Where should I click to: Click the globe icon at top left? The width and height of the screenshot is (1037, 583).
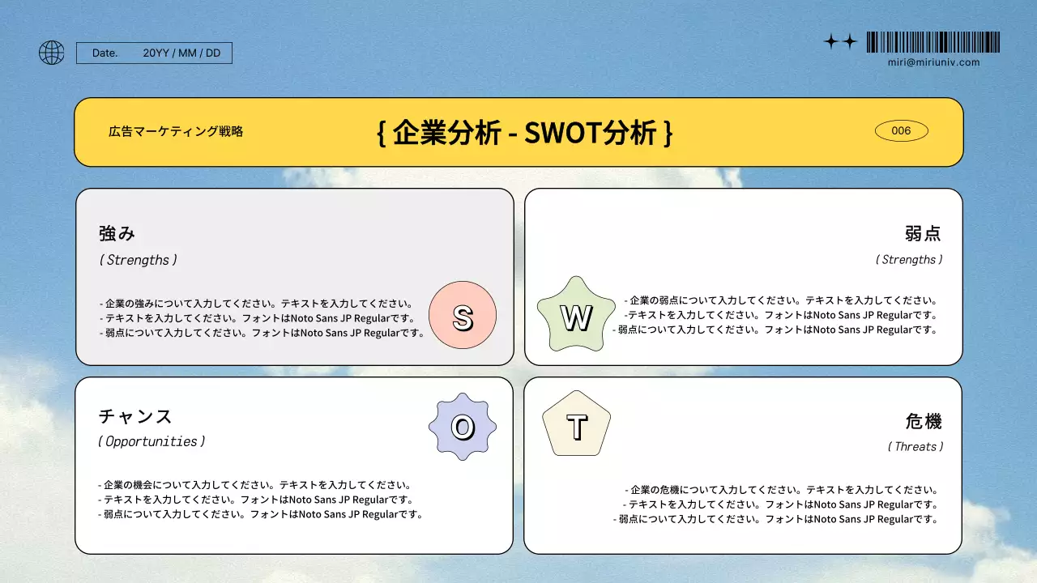point(52,53)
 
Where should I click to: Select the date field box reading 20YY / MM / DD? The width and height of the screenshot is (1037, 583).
point(154,53)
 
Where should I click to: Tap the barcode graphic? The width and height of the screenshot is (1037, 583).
point(932,42)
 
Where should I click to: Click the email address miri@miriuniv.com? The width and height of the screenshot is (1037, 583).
point(933,62)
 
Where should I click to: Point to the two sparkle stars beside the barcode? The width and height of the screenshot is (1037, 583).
point(840,42)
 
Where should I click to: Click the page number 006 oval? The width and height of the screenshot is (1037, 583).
point(901,131)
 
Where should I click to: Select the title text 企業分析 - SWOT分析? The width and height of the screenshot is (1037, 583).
point(525,132)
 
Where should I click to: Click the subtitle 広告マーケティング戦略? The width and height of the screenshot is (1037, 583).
point(176,131)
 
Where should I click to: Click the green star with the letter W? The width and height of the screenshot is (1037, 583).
point(576,317)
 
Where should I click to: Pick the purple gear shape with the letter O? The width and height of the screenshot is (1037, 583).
point(462,427)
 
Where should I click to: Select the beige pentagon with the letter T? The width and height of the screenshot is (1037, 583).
point(576,427)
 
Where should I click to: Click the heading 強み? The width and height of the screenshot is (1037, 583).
point(117,233)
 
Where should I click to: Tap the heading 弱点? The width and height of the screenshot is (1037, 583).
point(923,233)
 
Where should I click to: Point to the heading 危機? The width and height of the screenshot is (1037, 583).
point(924,421)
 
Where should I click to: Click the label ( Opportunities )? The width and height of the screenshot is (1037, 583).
point(151,441)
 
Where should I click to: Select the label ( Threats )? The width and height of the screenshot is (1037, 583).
point(915,446)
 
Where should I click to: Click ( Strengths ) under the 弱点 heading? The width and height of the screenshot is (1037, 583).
point(909,260)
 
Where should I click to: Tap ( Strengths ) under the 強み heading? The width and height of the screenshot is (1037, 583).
point(138,260)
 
